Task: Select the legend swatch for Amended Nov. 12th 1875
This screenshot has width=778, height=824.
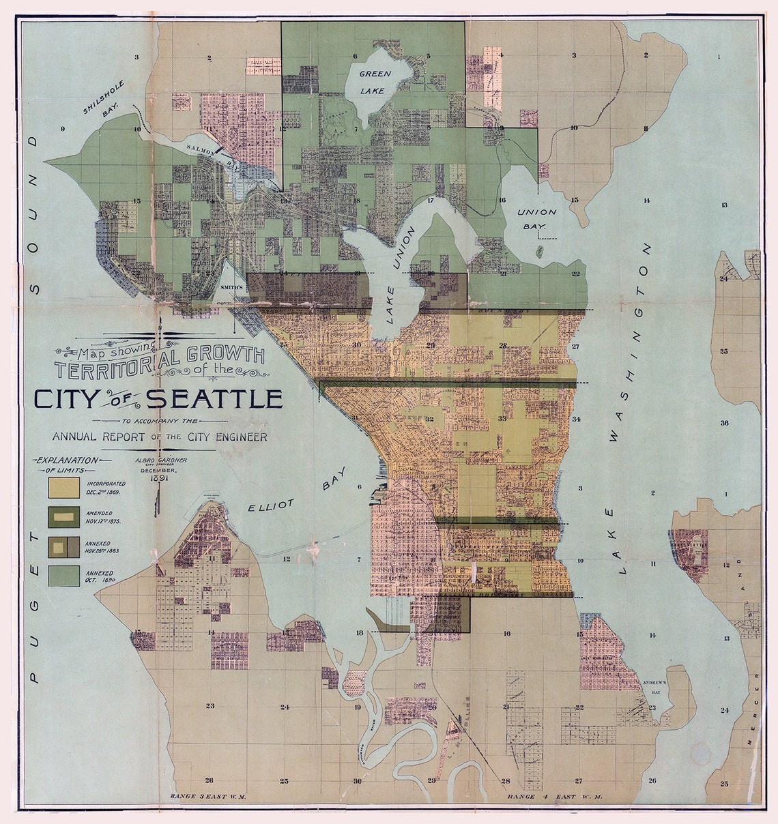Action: click(61, 516)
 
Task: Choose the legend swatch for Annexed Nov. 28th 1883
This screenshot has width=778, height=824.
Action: click(61, 546)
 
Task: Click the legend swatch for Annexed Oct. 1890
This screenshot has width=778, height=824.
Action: click(61, 575)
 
